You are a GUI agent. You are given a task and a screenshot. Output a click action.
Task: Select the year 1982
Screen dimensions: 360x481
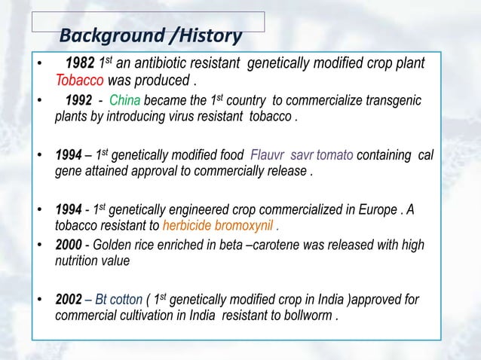click(81, 63)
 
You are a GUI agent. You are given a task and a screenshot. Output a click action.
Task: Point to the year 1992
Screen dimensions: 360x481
click(80, 102)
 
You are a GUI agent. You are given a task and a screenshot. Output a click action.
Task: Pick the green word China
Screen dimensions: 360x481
click(125, 102)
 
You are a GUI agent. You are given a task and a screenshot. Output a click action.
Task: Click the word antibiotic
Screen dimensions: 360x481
click(158, 63)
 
